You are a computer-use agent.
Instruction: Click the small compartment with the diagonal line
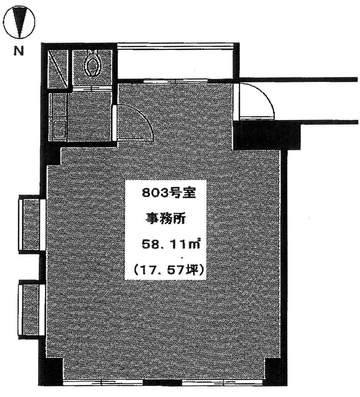58,69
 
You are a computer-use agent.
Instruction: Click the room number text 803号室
169,193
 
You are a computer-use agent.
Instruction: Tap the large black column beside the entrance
262,135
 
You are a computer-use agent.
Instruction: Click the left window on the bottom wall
103,383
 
